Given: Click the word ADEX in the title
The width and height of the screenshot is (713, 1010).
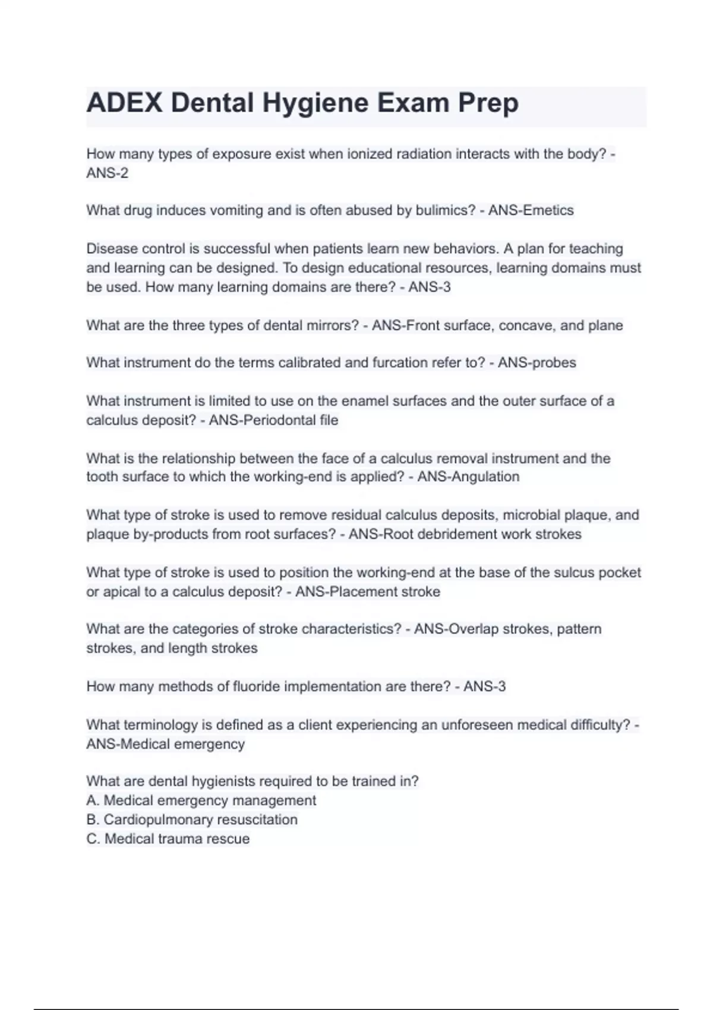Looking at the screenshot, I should coord(124,103).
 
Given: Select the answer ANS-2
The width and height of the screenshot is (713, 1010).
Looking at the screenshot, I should coord(108,173).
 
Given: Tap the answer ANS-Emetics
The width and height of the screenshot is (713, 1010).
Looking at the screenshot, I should coord(531,210).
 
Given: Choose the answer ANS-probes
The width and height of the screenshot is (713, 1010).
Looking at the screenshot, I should coord(537,363).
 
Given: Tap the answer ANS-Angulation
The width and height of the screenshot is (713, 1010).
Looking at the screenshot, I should coord(468,477).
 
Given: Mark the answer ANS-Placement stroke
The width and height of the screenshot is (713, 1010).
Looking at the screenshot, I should coord(368,592).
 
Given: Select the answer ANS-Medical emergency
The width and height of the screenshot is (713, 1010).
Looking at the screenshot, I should coord(165,744).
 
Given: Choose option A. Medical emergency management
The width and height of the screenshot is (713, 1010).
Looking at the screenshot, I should coord(201,801).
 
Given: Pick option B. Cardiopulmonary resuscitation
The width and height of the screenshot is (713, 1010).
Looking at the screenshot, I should coord(192,820).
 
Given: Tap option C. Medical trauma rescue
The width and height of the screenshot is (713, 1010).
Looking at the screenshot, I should coord(168,839).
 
